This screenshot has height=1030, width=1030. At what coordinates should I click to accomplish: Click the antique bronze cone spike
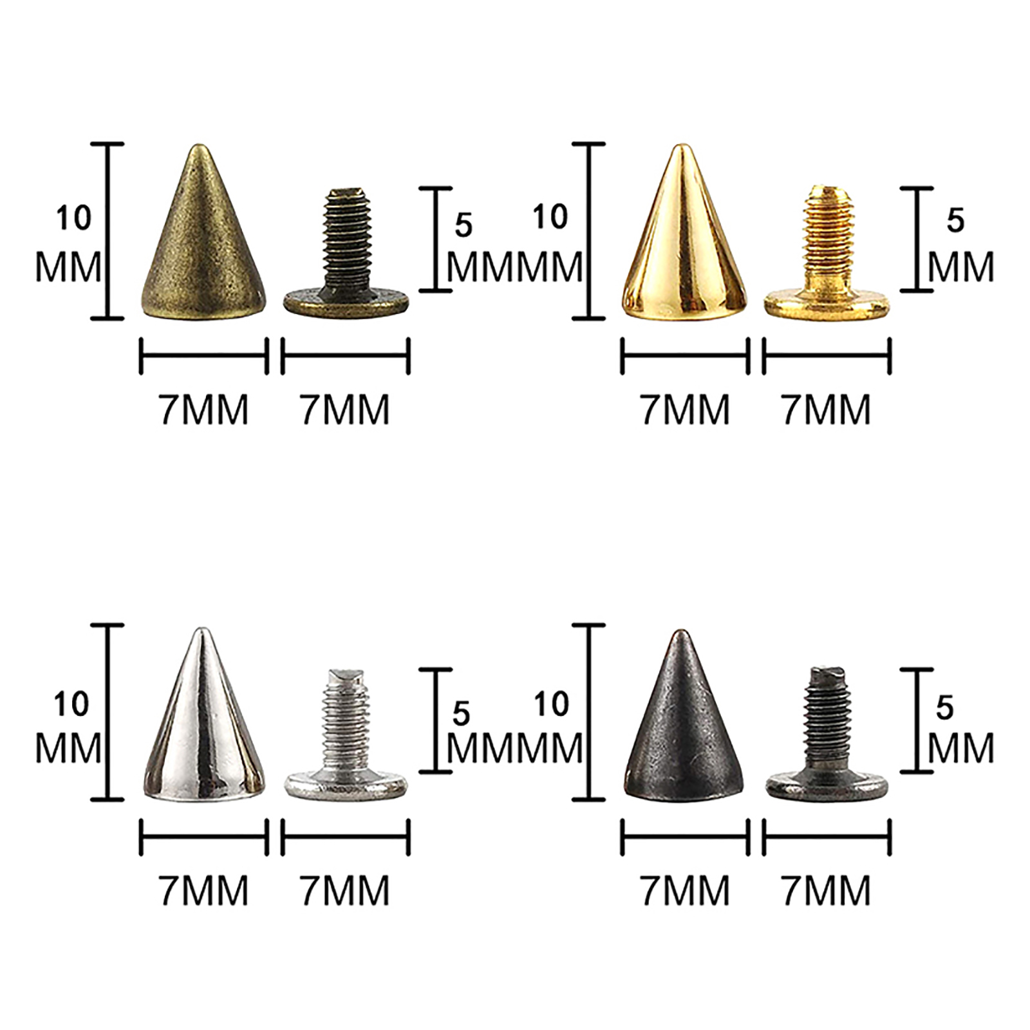203,238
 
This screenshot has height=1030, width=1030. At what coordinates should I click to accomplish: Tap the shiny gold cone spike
685,238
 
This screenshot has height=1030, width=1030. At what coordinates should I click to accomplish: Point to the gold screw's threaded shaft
825,238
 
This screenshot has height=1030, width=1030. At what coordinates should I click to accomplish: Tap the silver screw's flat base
346,785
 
